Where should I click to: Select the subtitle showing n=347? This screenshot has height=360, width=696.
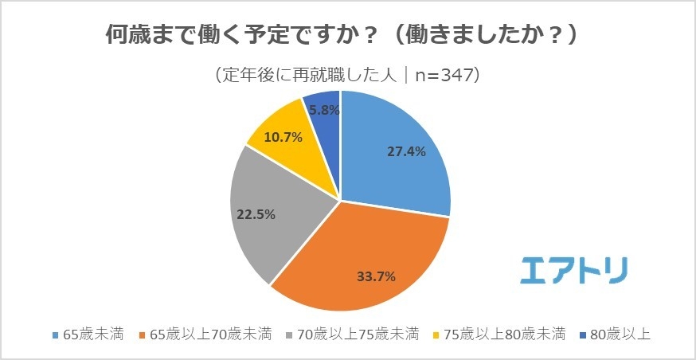pyautogui.click(x=347, y=75)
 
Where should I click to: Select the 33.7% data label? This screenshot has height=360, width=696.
pyautogui.click(x=375, y=276)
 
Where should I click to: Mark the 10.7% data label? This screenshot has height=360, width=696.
pyautogui.click(x=282, y=137)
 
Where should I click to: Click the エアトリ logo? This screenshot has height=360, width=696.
pyautogui.click(x=573, y=270)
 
